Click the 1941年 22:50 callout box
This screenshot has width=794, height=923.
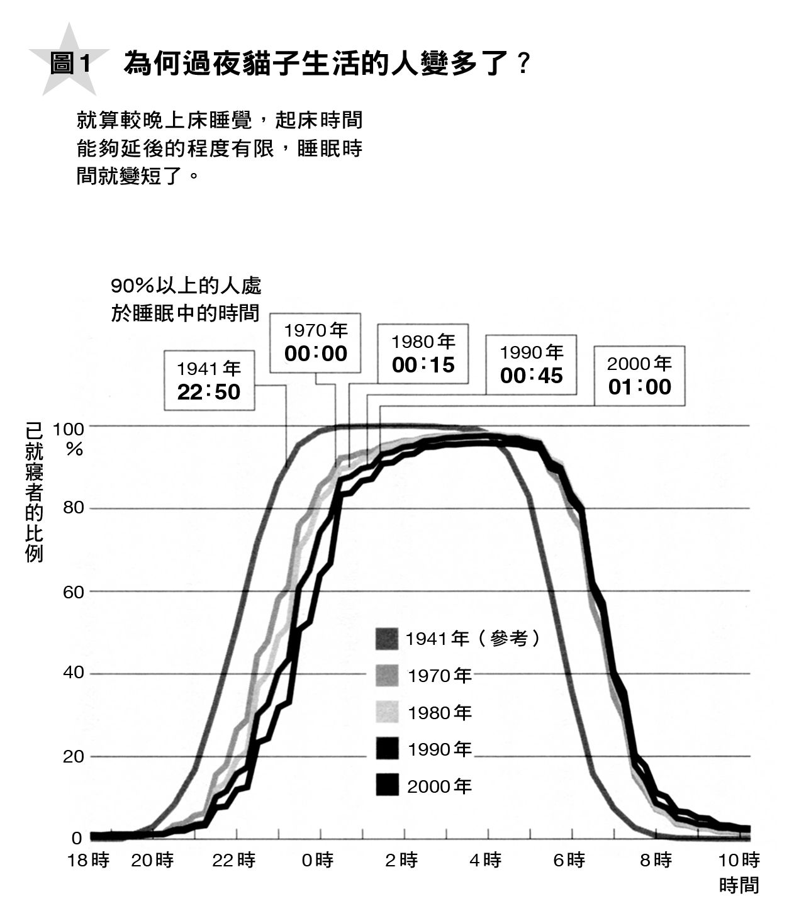tap(209, 381)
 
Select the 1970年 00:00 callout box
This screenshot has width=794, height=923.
tap(315, 342)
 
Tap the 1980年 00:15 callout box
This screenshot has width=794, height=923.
tap(423, 354)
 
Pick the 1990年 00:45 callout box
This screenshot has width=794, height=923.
tap(531, 364)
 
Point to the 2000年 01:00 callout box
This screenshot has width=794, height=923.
tap(639, 376)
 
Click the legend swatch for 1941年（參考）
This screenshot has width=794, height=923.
tap(387, 639)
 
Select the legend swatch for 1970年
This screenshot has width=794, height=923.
tap(387, 676)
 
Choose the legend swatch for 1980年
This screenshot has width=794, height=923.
tap(387, 712)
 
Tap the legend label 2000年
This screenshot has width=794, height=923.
tap(439, 786)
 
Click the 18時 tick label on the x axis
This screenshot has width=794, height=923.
tap(88, 860)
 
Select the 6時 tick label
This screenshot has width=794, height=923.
tap(569, 860)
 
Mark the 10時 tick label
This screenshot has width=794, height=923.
tap(739, 860)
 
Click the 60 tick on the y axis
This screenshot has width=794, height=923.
tap(73, 592)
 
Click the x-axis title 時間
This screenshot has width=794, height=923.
tap(739, 885)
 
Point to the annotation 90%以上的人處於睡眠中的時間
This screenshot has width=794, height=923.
tap(186, 299)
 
